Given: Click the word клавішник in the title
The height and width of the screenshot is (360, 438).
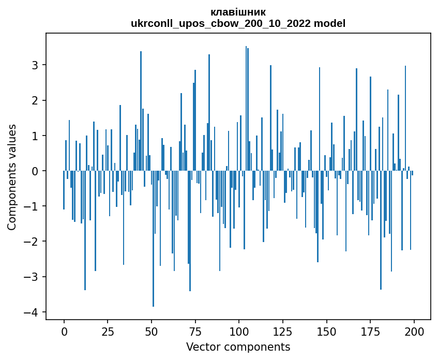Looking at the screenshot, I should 238,12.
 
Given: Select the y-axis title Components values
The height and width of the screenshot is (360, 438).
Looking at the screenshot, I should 12,177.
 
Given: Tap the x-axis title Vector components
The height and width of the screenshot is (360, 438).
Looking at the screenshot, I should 238,347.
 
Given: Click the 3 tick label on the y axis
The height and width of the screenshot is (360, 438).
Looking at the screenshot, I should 36,65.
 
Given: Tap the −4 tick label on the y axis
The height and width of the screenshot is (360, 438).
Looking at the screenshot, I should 32,312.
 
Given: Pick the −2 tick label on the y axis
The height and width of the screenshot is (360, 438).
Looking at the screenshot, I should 32,242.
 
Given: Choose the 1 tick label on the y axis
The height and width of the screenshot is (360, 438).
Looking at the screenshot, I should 36,136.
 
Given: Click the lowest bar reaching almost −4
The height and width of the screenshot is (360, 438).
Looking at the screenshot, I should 153,259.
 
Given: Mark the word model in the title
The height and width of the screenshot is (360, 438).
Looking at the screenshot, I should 333,23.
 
